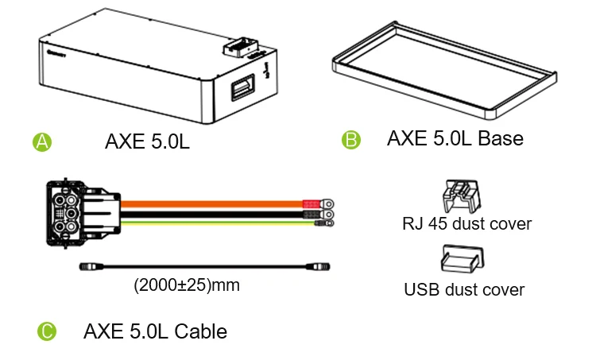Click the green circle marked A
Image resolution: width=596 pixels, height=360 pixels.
pos(42,142)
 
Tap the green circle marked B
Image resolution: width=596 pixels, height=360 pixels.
pos(350,141)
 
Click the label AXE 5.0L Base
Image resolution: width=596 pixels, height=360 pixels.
pos(455,139)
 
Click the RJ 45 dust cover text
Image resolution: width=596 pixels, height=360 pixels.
pos(466,224)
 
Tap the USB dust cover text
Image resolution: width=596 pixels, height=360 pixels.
pos(464,289)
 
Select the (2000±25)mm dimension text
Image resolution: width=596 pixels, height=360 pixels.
pos(186,285)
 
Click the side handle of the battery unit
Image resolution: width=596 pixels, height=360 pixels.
pos(238,91)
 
